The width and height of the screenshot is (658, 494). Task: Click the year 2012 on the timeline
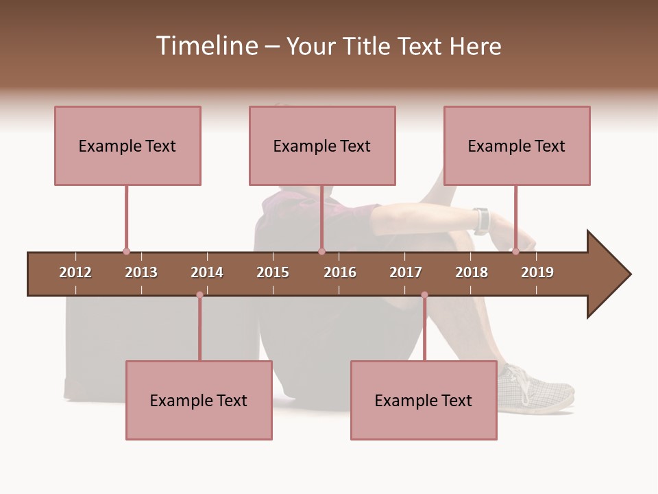75,272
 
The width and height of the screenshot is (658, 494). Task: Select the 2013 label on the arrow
141,272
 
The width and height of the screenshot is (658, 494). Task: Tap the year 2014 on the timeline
207,272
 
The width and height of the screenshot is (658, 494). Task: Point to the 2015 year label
273,272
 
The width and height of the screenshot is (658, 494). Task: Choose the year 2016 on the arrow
340,272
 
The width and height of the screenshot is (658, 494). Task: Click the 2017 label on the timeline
406,272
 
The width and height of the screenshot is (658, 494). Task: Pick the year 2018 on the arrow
472,272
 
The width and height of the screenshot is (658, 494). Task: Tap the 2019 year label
537,272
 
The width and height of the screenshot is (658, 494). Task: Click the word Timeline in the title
206,46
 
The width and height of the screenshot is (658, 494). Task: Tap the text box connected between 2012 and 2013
127,145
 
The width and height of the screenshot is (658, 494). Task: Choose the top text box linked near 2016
322,145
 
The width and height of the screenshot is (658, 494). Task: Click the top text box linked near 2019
517,145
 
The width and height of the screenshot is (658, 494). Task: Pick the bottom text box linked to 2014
199,400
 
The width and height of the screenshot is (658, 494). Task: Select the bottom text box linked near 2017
424,400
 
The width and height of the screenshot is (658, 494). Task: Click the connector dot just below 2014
199,295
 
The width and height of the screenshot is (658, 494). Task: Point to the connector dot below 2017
424,295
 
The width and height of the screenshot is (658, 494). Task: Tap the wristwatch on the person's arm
482,220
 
